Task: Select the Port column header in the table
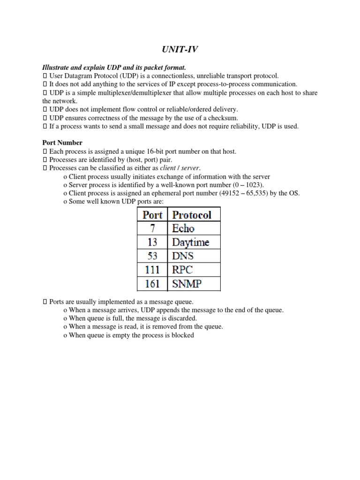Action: tap(152, 215)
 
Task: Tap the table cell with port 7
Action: tap(152, 228)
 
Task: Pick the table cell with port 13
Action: tap(152, 242)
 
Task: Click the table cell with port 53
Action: tap(152, 256)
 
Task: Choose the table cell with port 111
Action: tap(152, 270)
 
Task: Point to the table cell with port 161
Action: tap(152, 284)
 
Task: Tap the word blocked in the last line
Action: tap(183, 336)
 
